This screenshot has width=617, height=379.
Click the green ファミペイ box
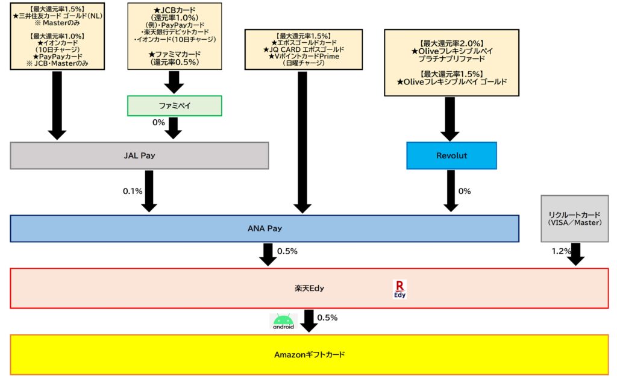coord(174,105)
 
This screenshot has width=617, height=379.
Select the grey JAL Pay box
coord(139,155)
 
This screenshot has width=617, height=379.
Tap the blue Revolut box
coord(451,155)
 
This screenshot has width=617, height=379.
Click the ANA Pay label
coord(265,228)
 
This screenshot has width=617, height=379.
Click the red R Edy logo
coord(399,289)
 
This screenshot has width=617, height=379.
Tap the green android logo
coord(283,322)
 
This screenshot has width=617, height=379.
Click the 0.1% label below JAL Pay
coord(133,191)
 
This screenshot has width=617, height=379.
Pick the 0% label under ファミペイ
coord(158,123)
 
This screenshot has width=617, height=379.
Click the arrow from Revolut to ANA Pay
coord(451,190)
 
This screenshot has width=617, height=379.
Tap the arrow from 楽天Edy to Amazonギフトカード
coord(309,321)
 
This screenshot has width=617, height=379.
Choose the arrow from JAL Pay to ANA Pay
coord(149,190)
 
